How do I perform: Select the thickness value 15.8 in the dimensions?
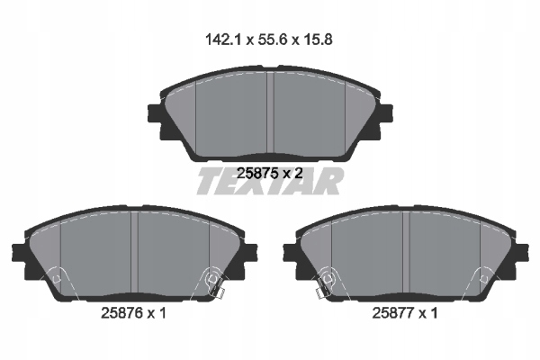coord(318,40)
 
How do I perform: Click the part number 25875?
coord(257,173)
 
